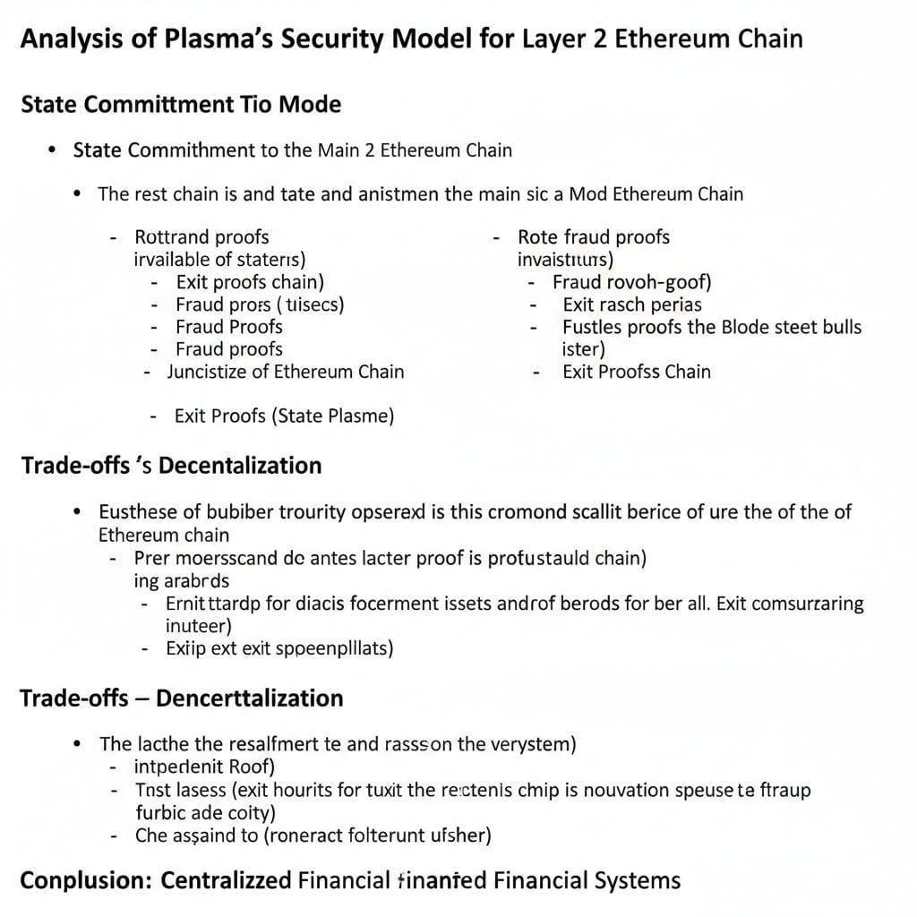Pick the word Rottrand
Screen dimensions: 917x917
[x=171, y=237]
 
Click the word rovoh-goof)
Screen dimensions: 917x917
[x=660, y=282]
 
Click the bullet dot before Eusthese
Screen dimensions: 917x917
[x=78, y=512]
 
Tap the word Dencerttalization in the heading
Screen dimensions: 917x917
[x=249, y=698]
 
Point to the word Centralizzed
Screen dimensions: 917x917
[x=226, y=880]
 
